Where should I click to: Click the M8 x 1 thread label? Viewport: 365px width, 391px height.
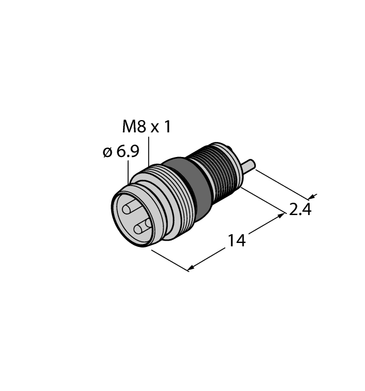146,127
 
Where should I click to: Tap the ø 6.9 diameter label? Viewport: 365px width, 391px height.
121,151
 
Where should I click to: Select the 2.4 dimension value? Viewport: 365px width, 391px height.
300,210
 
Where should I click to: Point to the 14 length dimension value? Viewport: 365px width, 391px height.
236,241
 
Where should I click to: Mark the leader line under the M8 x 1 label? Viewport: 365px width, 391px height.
149,151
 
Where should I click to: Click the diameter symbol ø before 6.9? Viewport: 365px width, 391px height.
108,152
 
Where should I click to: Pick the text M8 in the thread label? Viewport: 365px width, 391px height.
134,127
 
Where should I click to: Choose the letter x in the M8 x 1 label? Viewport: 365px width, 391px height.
154,128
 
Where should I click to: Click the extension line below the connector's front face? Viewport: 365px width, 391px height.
168,259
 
